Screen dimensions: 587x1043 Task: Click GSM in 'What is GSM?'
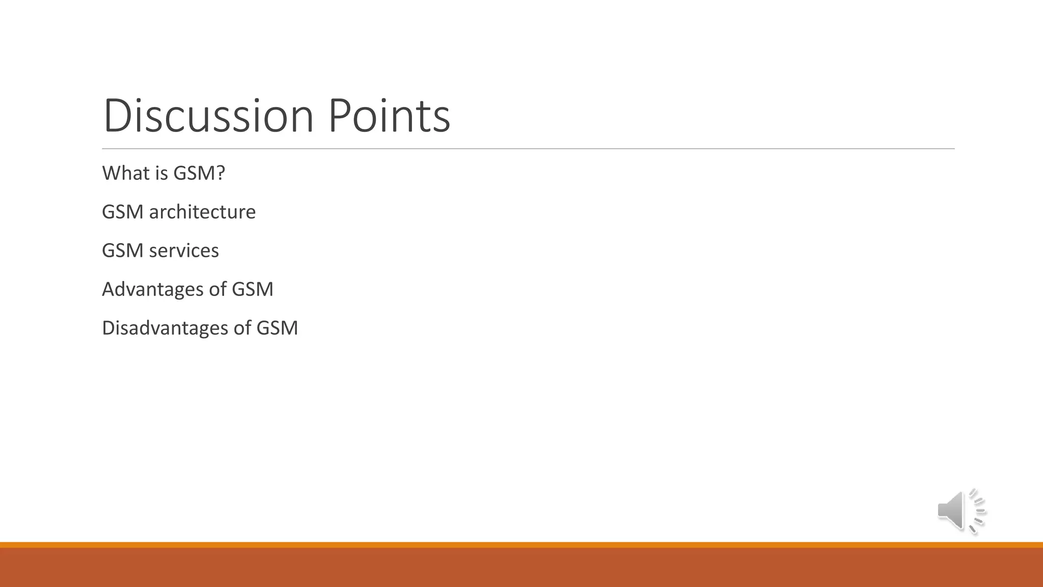pos(194,173)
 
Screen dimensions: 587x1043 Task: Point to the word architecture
pos(202,212)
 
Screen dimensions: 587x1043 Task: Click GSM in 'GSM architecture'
pos(122,212)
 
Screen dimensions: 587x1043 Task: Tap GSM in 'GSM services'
pos(122,251)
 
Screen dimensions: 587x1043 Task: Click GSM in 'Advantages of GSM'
pos(253,289)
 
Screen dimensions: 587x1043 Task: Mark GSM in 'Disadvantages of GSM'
pos(277,328)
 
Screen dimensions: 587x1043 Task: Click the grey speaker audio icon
pos(960,511)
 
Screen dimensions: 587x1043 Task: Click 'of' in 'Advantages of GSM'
pos(217,289)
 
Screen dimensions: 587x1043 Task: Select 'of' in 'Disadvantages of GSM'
pos(242,328)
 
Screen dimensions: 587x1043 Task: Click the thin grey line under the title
pos(528,149)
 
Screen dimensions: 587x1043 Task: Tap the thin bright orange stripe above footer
pos(521,545)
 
